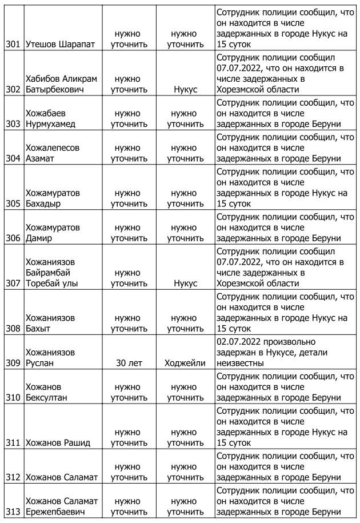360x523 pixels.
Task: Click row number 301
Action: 13,43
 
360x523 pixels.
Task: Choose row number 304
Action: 13,158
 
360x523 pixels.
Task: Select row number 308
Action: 13,329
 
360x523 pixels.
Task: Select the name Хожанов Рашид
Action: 58,442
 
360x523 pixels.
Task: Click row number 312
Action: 13,477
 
